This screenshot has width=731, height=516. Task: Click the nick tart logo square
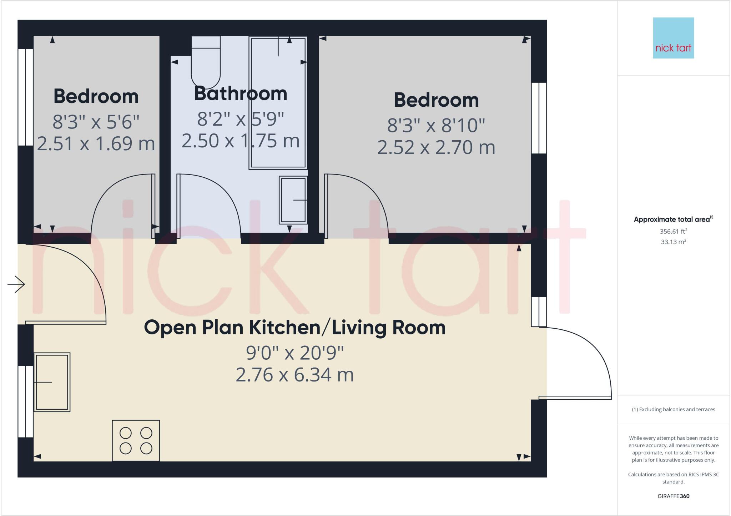(673, 38)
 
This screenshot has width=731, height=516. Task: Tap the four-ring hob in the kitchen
(136, 440)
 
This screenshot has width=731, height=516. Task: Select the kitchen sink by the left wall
(52, 382)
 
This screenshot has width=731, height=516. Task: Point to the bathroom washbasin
(293, 200)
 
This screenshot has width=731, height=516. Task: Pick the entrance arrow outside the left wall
(16, 284)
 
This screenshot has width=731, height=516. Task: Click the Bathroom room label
(241, 93)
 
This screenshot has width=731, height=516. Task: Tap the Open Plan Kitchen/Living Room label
(295, 328)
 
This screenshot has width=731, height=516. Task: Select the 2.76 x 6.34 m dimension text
(295, 375)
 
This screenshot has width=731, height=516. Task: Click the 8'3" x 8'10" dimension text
(436, 125)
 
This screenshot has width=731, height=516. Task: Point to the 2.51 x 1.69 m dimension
(96, 143)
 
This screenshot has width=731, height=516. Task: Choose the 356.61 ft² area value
(673, 231)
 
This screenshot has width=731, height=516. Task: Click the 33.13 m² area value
(673, 242)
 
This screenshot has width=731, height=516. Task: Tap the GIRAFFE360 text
(673, 496)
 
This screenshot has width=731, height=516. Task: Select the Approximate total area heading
(673, 219)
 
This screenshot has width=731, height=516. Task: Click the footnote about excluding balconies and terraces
(673, 409)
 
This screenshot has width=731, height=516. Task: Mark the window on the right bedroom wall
(539, 118)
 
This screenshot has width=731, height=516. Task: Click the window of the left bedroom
(26, 97)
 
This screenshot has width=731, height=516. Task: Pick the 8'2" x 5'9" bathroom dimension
(241, 119)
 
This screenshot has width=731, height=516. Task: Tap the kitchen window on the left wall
(26, 401)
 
